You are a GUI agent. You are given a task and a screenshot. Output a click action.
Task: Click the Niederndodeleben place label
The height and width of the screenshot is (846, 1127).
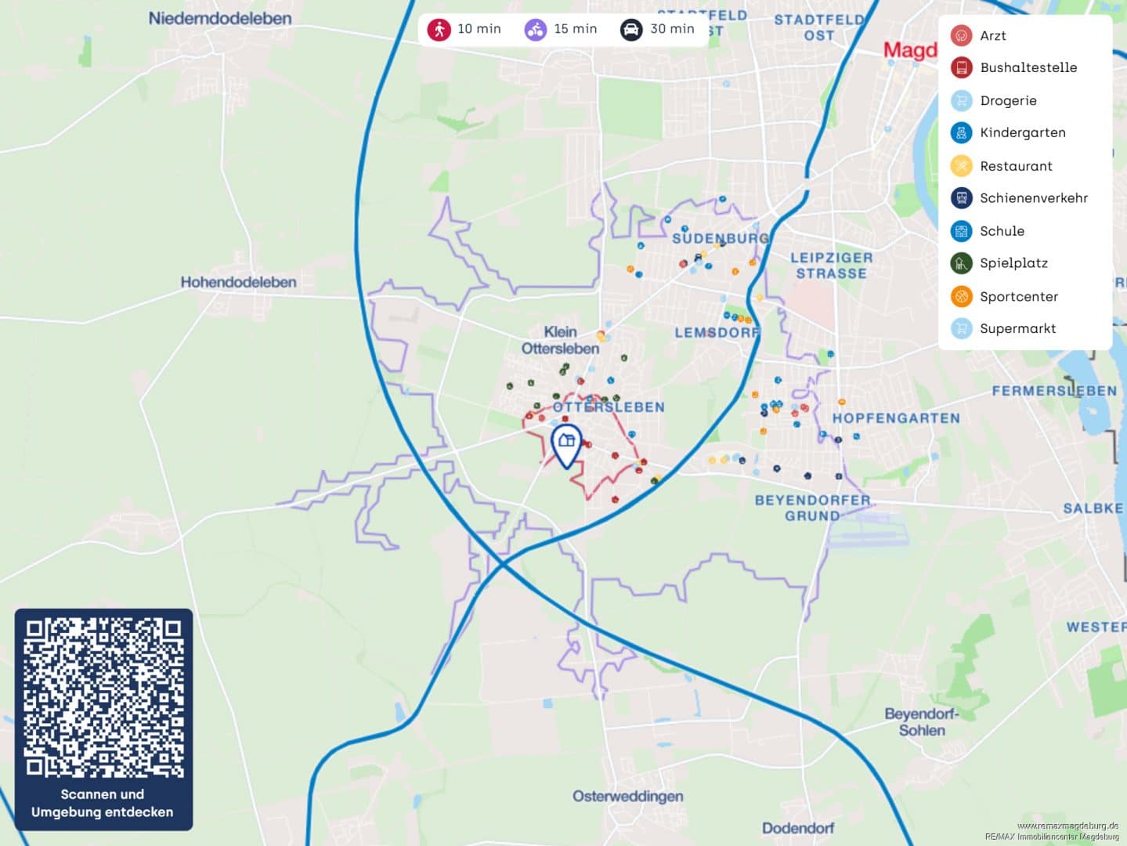tap(220, 18)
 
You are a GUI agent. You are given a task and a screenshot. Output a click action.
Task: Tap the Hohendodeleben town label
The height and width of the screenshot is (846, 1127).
tap(238, 282)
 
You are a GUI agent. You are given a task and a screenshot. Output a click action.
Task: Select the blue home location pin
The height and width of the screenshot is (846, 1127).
tap(566, 444)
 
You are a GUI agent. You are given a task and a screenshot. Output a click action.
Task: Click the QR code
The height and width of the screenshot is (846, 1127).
tap(103, 697)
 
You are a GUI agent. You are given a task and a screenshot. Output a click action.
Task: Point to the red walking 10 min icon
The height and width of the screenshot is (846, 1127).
tap(439, 30)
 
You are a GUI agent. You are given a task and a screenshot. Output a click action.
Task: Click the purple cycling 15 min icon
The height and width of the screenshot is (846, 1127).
tap(536, 30)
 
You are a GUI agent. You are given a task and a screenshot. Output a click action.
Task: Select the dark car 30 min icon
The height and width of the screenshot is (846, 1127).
tap(631, 30)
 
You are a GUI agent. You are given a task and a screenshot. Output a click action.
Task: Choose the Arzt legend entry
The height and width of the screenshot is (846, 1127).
tap(992, 35)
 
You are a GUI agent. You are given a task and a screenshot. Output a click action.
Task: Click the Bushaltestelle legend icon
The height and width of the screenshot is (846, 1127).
tap(961, 67)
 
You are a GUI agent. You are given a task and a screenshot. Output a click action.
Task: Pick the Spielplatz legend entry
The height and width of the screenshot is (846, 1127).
tap(1013, 263)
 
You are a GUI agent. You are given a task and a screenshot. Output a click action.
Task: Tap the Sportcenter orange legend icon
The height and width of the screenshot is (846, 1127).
tap(961, 296)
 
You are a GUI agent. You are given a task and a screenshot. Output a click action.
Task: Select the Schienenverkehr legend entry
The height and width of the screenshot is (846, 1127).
tap(1033, 198)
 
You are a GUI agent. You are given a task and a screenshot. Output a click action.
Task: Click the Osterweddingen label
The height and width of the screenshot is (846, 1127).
tap(627, 796)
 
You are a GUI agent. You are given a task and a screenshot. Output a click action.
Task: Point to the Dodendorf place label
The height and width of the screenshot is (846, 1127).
tap(797, 828)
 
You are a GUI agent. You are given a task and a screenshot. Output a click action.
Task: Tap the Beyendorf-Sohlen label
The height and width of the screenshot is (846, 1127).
tap(921, 721)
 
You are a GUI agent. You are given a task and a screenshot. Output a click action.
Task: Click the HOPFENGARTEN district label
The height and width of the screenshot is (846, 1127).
tap(895, 418)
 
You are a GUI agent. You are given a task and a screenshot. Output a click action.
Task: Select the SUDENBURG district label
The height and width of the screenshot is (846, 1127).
tap(721, 238)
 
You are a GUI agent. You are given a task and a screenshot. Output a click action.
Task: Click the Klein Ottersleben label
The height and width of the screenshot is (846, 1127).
tap(560, 340)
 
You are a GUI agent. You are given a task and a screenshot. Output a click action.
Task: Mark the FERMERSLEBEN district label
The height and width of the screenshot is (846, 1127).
tap(1054, 391)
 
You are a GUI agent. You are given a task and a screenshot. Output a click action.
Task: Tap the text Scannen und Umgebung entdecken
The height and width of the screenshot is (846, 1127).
tap(103, 803)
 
